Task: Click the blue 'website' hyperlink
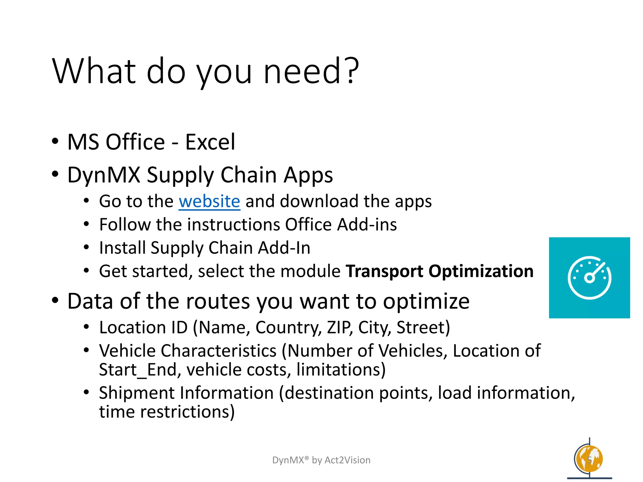pos(209,201)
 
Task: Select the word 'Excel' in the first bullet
pos(210,142)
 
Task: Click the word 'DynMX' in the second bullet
pos(104,175)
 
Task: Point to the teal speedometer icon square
pos(589,278)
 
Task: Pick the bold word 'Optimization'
pos(481,271)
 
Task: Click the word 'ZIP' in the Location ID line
pos(340,328)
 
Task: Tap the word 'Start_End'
pos(138,370)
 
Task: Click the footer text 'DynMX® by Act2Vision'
pos(321,460)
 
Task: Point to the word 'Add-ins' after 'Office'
pos(367,225)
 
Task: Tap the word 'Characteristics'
pos(219,351)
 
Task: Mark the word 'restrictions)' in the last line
pos(187,412)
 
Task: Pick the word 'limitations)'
pos(341,370)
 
